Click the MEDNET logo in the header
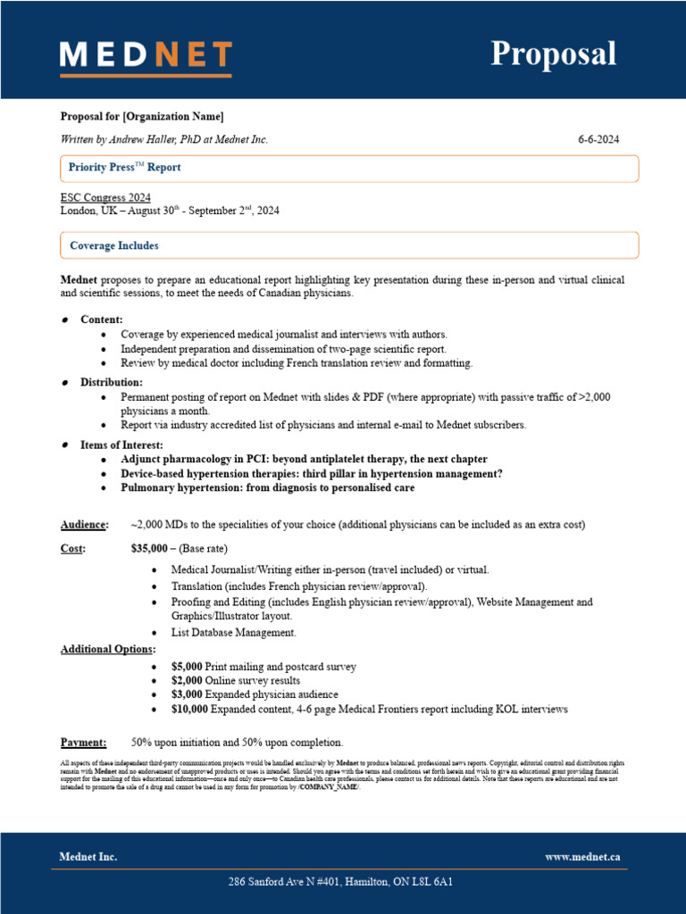click(x=146, y=55)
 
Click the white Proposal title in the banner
click(x=553, y=54)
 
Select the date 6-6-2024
click(x=598, y=139)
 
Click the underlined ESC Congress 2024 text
click(x=105, y=197)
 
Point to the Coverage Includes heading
click(x=114, y=245)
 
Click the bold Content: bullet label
click(x=102, y=320)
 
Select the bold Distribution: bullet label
click(x=112, y=382)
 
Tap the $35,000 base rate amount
click(x=150, y=548)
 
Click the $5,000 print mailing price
click(x=188, y=667)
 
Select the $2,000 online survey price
click(x=188, y=680)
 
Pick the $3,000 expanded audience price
click(x=188, y=694)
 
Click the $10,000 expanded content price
click(x=190, y=709)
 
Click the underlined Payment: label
click(x=83, y=743)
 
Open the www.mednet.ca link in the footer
click(x=582, y=857)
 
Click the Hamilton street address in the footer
click(x=340, y=882)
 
